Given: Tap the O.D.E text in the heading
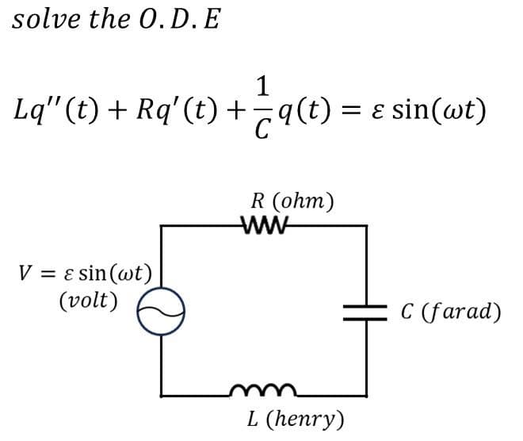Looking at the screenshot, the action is point(180,19).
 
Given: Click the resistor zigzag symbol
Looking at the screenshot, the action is point(265,225).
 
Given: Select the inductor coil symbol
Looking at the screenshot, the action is point(263,390).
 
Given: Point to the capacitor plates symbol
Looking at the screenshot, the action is point(365,313).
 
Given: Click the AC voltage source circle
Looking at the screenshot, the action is point(161,311).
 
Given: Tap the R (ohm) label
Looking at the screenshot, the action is point(292,201).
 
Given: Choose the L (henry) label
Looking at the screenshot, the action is point(296,420).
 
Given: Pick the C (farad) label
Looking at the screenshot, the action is point(451,312).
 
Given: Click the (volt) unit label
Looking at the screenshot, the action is point(89,301).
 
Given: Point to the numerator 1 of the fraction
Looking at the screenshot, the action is point(263,86).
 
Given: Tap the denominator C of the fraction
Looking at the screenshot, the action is point(262,128).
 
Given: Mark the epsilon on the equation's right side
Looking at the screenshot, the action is point(378,112).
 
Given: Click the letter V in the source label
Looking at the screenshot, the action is point(25,273).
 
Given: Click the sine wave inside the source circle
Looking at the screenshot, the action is point(161,311).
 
